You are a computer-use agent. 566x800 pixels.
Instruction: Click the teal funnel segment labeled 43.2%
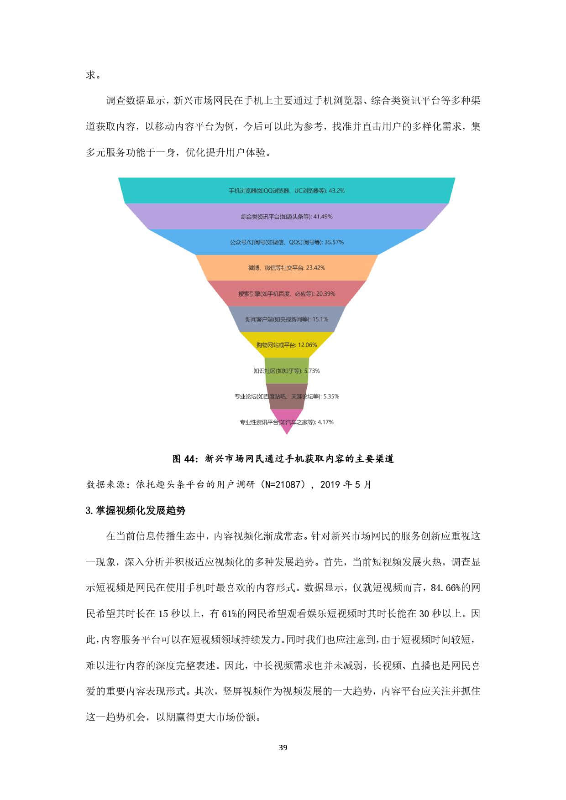click(287, 190)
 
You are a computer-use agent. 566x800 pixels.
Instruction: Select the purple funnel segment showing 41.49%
click(287, 216)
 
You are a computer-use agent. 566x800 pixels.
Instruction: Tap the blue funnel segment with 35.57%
click(287, 242)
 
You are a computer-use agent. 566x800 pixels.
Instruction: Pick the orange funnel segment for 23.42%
click(287, 268)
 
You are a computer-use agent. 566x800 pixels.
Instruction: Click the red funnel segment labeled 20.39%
click(287, 293)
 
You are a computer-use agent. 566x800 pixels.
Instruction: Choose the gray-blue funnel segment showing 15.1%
click(287, 319)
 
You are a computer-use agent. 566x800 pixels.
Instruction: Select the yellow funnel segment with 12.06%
click(287, 345)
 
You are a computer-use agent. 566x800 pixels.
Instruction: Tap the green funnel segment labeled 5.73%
click(287, 370)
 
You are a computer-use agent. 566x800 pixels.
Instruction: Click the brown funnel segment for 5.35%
click(287, 396)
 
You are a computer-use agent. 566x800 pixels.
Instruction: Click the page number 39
click(283, 748)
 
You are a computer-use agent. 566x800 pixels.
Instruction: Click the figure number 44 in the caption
click(190, 459)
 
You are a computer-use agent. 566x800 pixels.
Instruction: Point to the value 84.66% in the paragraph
click(445, 588)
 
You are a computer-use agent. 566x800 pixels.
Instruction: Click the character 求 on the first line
click(91, 75)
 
